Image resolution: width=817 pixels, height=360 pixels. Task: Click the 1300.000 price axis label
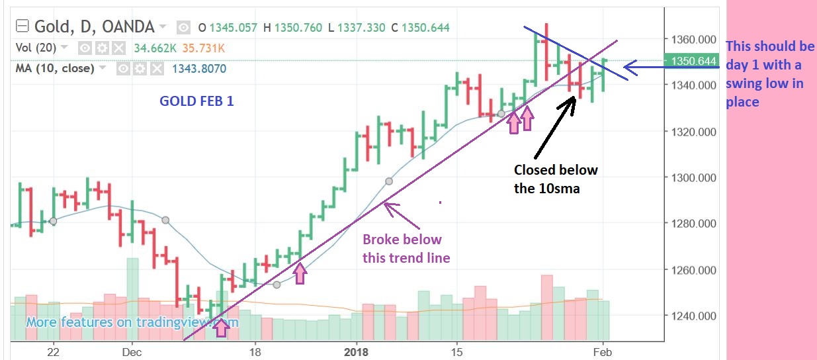[692, 178]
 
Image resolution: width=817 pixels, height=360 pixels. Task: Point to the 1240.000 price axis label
[692, 316]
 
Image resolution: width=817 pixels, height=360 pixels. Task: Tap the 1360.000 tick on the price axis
[692, 40]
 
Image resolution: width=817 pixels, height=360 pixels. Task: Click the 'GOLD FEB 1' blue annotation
[196, 101]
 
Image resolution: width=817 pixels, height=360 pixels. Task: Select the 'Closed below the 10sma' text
[556, 179]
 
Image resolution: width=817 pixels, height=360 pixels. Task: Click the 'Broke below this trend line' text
[406, 248]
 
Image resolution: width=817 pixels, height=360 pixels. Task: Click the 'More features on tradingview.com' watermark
[132, 322]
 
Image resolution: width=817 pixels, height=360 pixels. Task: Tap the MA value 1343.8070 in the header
[199, 68]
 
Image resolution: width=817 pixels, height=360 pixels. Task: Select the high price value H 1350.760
[292, 27]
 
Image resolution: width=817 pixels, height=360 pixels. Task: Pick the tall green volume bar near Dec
[132, 298]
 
